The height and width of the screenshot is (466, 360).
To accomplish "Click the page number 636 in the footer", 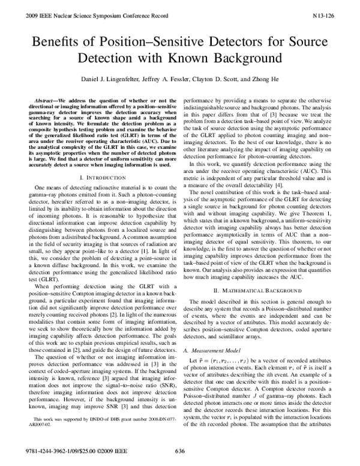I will [179, 450].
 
